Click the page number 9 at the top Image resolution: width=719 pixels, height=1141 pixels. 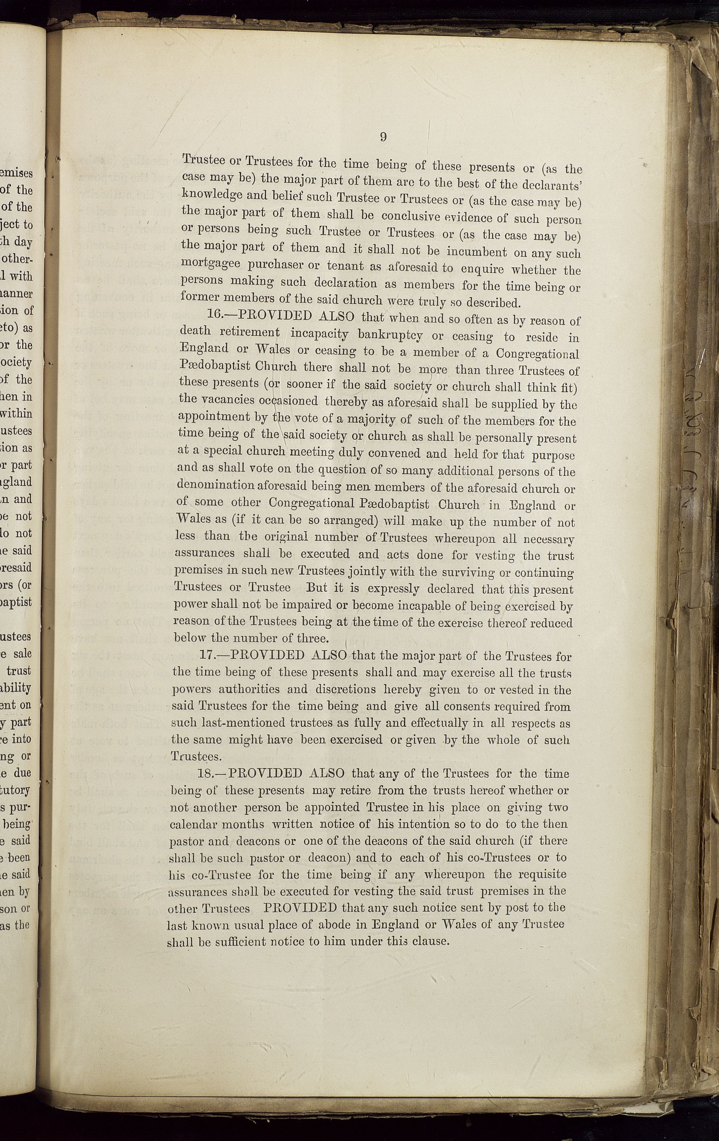(383, 137)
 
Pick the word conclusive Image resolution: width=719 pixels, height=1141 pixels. (412, 216)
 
